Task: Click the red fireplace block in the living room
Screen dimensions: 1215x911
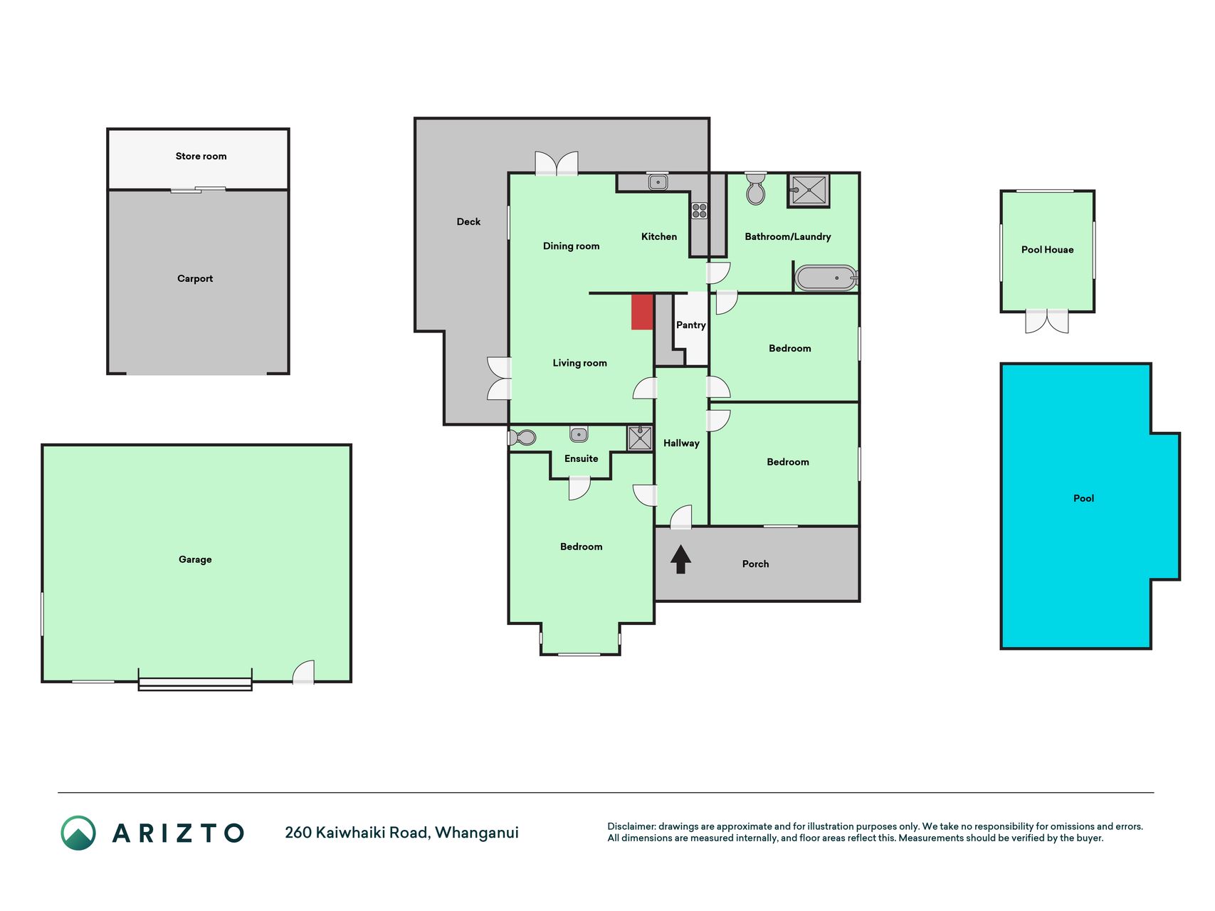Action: coord(642,312)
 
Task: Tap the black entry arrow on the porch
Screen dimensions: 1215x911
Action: coord(680,559)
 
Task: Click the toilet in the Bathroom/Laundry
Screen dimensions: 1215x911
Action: coord(755,188)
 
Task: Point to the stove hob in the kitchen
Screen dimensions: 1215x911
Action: coord(699,211)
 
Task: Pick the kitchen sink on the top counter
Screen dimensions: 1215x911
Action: coord(658,182)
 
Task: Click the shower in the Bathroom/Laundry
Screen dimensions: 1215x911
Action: coord(809,190)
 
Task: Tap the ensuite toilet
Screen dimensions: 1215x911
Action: coord(522,437)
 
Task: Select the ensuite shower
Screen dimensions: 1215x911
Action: coord(640,438)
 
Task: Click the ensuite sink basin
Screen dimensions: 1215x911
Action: coord(579,434)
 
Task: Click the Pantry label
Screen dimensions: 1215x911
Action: coord(690,325)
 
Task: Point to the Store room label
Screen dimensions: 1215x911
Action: coord(201,156)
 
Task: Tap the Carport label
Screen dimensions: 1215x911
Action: coord(195,278)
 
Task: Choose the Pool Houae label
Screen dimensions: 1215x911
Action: coord(1047,250)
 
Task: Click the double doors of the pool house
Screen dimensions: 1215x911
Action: coord(1047,321)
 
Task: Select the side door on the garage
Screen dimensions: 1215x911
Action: coord(304,672)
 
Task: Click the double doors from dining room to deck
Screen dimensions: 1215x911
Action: coord(557,163)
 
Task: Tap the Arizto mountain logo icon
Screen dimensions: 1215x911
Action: coord(78,833)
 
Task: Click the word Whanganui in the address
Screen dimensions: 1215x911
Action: coord(477,833)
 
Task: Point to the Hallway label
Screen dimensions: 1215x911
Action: coord(681,443)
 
